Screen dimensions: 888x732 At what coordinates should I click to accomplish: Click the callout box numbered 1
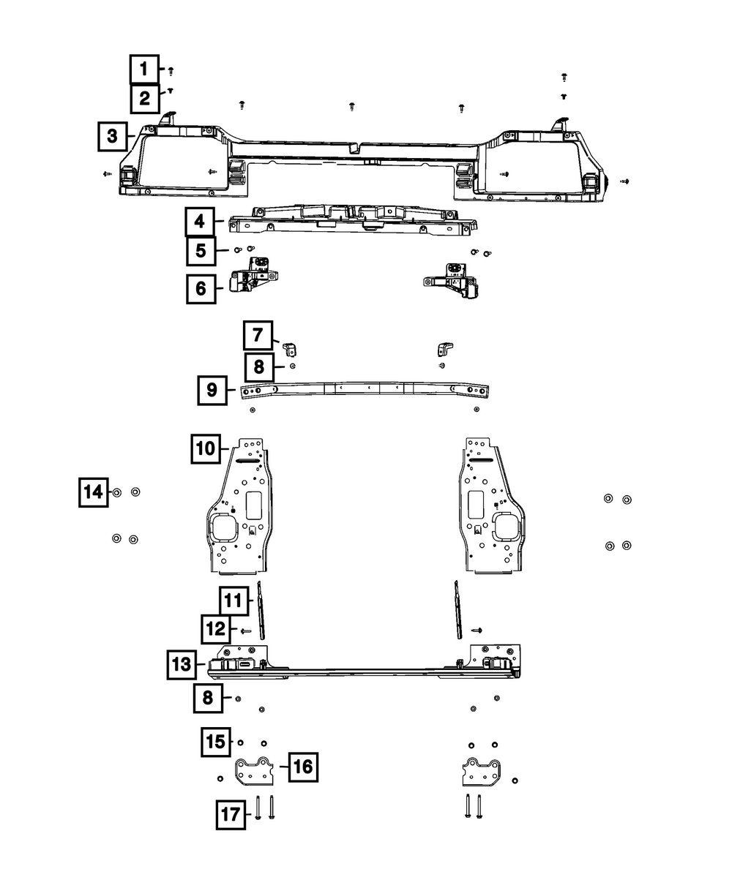[144, 70]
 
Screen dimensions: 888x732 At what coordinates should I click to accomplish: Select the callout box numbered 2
[144, 98]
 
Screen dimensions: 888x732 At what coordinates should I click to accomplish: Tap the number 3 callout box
[112, 136]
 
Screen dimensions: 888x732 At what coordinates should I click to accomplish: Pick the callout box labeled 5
[201, 251]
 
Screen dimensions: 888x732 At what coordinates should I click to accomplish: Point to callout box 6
[201, 288]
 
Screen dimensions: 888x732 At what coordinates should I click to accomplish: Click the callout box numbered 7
[258, 336]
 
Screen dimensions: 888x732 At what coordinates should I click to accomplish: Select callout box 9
[212, 391]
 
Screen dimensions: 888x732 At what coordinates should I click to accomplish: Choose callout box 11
[234, 601]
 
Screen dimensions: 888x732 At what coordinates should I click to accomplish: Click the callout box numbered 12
[216, 629]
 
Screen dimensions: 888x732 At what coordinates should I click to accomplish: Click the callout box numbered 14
[94, 492]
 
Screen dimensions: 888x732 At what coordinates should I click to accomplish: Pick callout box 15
[216, 741]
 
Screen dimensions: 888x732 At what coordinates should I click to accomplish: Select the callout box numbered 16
[303, 767]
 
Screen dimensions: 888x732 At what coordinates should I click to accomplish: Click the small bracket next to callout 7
[289, 346]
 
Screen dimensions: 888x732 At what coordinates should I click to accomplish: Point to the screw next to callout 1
[171, 71]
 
